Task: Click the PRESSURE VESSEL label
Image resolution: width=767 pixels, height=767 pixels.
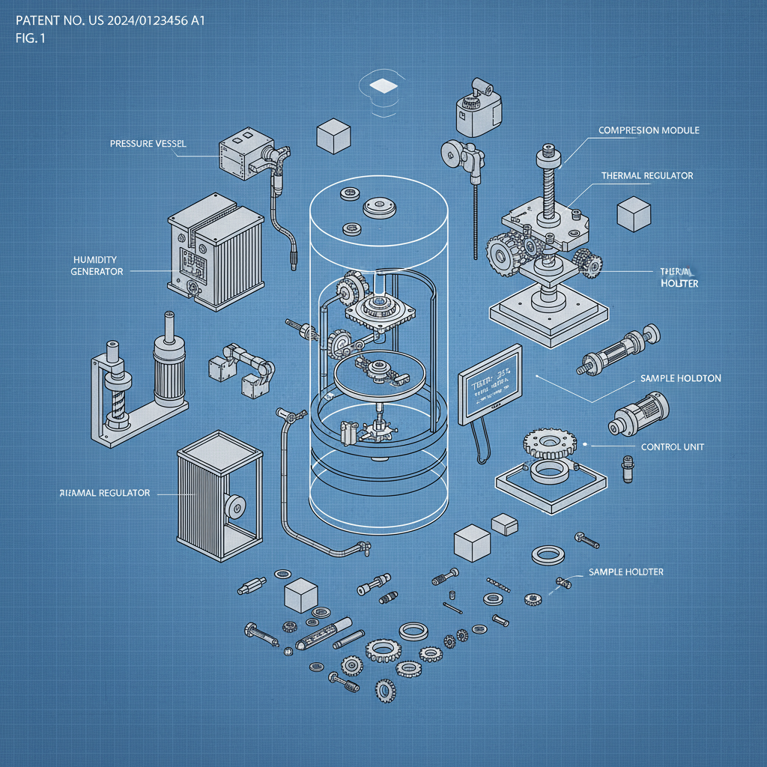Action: (x=148, y=143)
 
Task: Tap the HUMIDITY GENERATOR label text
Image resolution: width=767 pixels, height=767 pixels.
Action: (x=97, y=265)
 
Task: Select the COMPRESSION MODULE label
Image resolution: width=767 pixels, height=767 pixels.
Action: (x=649, y=130)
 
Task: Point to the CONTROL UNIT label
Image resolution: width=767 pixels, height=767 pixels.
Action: (x=673, y=447)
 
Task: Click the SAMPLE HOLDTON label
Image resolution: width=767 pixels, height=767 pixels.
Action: (x=680, y=378)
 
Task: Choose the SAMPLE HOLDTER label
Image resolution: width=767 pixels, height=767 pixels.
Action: (x=625, y=572)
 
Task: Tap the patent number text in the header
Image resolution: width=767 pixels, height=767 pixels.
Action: (x=110, y=20)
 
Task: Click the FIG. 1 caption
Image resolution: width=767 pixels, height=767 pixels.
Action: (x=30, y=39)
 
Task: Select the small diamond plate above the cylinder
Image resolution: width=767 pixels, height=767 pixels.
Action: (x=385, y=85)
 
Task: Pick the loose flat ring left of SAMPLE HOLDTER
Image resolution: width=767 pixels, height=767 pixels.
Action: (x=549, y=555)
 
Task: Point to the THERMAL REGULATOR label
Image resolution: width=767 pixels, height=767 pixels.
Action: (x=647, y=176)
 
